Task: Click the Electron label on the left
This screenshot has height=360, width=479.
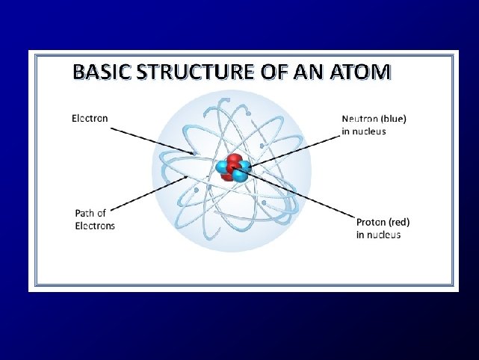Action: tap(90, 118)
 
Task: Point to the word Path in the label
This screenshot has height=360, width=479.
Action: tap(85, 214)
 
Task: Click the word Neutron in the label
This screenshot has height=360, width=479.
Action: tap(359, 118)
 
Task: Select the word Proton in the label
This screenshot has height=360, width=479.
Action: tap(371, 222)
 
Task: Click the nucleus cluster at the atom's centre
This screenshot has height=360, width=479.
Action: tap(233, 169)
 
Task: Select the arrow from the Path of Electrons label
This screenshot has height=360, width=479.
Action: tap(149, 194)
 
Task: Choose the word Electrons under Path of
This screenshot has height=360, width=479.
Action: tap(95, 226)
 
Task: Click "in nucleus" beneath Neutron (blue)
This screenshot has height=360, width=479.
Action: tap(364, 131)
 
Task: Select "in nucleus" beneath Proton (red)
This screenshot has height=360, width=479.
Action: tap(378, 235)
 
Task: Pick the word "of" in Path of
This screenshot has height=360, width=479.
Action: tap(103, 214)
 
